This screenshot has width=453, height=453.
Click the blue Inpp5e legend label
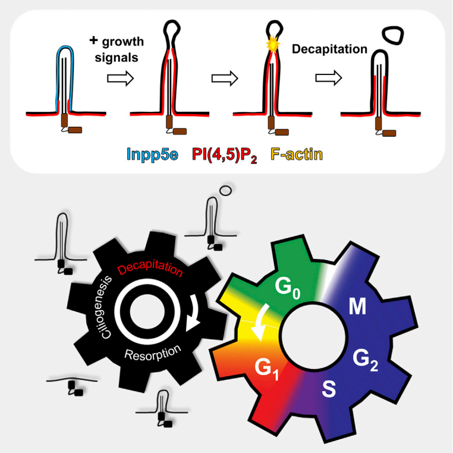coord(153,154)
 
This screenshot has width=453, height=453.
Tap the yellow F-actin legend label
coord(297,154)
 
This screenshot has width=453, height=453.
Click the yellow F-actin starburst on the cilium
coord(273,45)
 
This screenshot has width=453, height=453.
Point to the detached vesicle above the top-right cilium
coord(392,35)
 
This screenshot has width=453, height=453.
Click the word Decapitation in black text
coord(329,49)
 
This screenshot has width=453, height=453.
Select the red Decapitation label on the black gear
coord(150,269)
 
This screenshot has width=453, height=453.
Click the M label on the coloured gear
coord(357,307)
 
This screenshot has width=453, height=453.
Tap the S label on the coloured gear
coord(329,389)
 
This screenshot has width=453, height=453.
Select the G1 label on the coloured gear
coord(267,369)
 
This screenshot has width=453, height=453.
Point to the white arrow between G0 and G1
coord(261,323)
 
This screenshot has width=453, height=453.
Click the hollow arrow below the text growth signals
coord(121,78)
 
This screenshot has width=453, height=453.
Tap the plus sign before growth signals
coord(93,40)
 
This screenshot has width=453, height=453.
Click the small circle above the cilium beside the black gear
coord(225,190)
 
